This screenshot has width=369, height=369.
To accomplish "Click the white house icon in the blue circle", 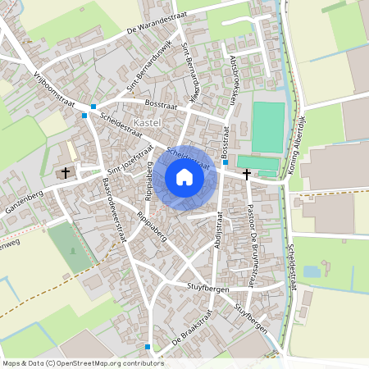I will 184,177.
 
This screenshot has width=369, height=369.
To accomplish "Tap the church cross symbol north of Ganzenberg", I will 66,173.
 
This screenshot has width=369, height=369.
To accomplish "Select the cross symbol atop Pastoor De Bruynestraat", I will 246,173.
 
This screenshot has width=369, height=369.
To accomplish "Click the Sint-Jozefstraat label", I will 131,162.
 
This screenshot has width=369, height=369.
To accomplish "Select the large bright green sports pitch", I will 267,127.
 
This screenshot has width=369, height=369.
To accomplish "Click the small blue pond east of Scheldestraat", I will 311,271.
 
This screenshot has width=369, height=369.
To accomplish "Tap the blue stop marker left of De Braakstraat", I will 148,347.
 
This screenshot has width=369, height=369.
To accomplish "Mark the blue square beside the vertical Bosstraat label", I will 225,162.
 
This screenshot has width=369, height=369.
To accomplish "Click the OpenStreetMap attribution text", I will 82,362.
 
